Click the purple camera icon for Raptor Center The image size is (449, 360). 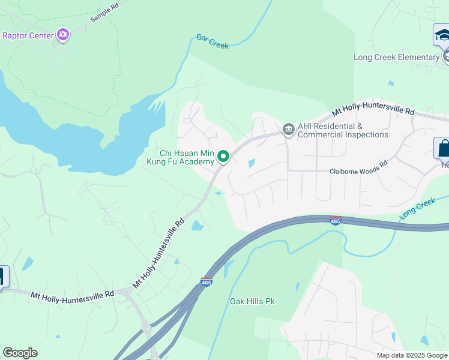pos(62,35)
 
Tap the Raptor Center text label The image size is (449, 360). pos(28,35)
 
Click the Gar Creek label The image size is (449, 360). pos(212,41)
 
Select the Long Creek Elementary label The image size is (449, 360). pos(396,57)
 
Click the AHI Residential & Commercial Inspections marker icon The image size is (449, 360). pos(288,130)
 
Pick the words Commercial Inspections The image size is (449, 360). pos(343,134)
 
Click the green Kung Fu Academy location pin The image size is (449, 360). pos(223,157)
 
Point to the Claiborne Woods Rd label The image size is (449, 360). pos(358,172)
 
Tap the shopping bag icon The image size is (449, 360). pos(442,148)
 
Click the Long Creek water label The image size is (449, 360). pos(417,208)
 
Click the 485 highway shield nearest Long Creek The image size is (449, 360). pos(336,221)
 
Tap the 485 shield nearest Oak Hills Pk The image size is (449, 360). pos(206,281)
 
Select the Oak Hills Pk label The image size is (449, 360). pos(252,301)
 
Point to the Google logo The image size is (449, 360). pos(20,353)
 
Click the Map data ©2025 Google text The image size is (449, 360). pos(411,355)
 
